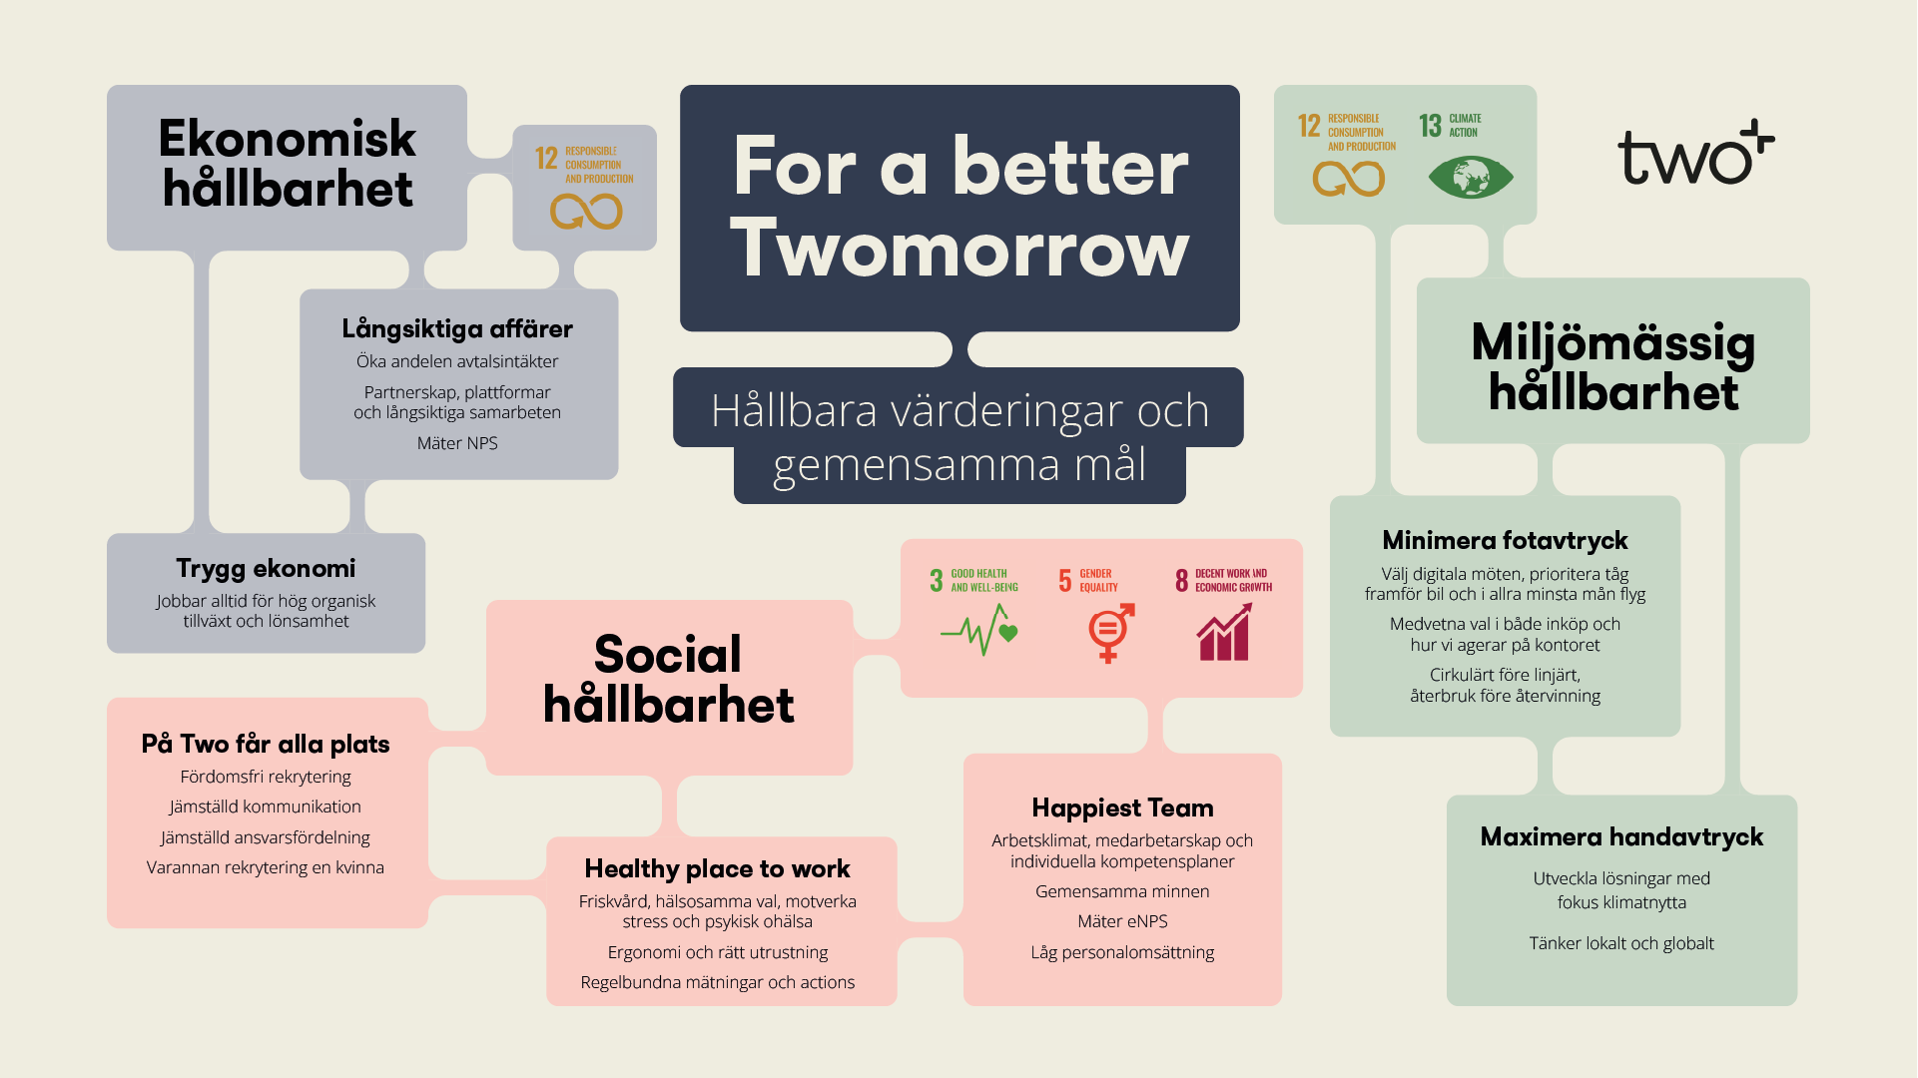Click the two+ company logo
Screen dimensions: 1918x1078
click(1695, 154)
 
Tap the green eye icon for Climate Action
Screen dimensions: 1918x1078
click(1471, 178)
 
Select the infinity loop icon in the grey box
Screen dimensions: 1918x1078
click(586, 211)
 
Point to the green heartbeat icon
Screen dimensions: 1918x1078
click(979, 631)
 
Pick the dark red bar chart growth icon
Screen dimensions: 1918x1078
click(1224, 632)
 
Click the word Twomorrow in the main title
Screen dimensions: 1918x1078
click(959, 249)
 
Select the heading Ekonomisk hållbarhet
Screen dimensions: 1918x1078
click(288, 164)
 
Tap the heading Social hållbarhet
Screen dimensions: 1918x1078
click(668, 680)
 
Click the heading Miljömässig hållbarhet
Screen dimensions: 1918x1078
click(1613, 366)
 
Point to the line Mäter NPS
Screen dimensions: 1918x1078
click(457, 443)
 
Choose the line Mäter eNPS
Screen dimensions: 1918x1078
click(1122, 921)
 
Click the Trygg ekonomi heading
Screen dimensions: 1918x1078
click(266, 569)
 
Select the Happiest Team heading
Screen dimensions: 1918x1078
click(1122, 808)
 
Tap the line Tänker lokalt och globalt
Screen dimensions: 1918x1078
click(1621, 943)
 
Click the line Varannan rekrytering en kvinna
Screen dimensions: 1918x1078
click(266, 867)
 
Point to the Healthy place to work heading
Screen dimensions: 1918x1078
click(718, 869)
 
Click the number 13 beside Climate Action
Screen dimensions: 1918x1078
click(1430, 126)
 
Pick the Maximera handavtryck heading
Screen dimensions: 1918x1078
click(1621, 836)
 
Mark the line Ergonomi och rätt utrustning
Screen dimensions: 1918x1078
click(718, 952)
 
